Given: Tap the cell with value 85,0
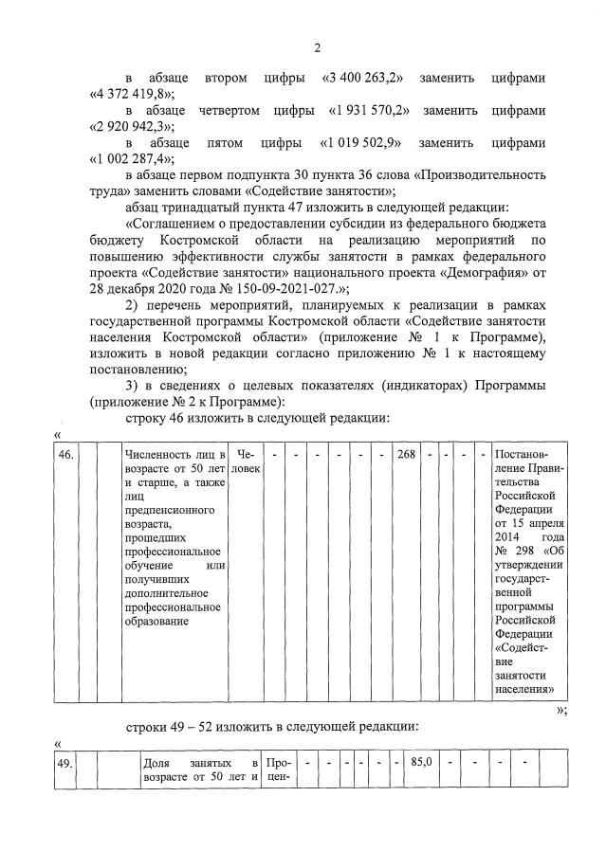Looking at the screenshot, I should click(422, 761).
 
